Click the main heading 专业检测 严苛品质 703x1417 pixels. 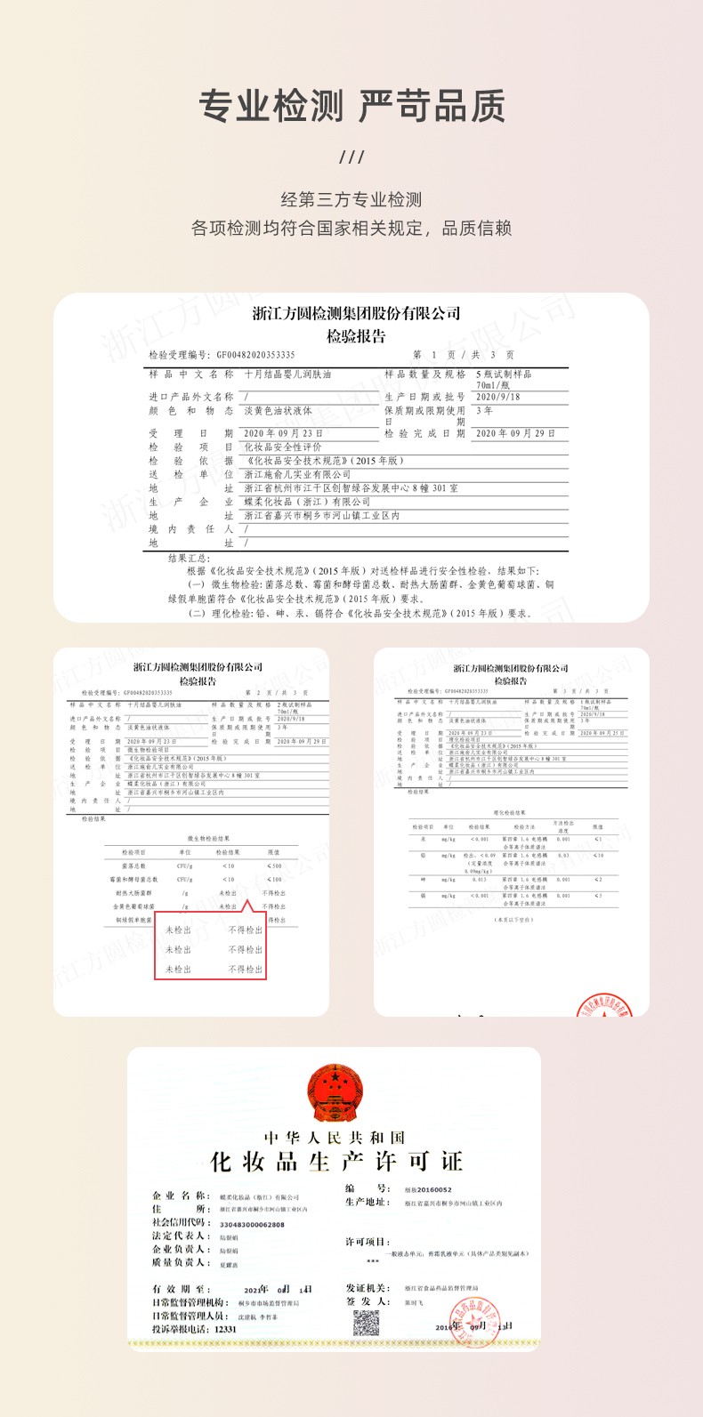coord(351,107)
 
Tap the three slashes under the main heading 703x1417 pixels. coord(351,157)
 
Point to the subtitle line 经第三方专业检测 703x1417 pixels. coord(351,200)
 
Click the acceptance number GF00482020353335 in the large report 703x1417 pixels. coord(255,355)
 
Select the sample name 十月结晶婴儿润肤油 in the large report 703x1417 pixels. coord(287,374)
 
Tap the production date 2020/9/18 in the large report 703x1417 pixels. coord(497,397)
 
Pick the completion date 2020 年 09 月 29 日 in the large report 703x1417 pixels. coord(515,433)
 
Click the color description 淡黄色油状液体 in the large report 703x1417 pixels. coord(278,411)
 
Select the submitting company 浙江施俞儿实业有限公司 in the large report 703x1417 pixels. coord(297,474)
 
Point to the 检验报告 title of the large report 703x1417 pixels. coord(356,336)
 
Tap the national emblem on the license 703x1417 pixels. coord(335,1093)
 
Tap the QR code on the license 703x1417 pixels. coord(366,1323)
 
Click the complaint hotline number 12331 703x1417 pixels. coord(226,1329)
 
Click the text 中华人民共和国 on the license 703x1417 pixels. coord(335,1138)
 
